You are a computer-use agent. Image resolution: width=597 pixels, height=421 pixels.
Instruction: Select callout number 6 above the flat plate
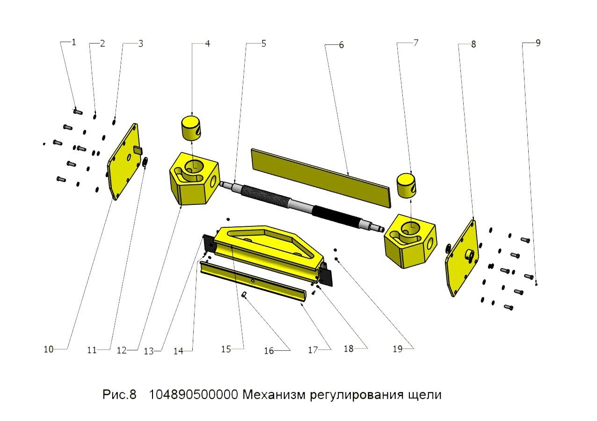[x=341, y=45]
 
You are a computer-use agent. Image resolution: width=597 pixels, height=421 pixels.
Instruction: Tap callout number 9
[x=538, y=43]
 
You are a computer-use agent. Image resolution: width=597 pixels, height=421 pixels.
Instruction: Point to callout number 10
[x=49, y=349]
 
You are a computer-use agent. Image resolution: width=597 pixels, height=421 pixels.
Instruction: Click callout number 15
[x=226, y=349]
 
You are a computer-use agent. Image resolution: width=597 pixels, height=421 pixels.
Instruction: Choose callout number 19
[x=398, y=349]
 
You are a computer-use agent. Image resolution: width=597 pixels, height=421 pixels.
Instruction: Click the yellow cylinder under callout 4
[x=192, y=128]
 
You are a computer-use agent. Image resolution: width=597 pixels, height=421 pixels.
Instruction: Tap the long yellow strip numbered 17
[x=253, y=280]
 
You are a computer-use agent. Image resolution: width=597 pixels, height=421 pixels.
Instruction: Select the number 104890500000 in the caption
[x=193, y=395]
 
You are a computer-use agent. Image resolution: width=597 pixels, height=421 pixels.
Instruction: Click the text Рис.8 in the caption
[x=119, y=395]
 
